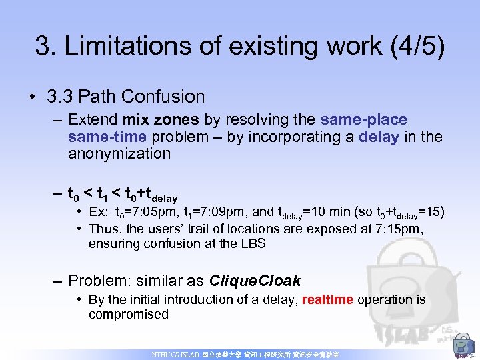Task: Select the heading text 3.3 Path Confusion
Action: (x=126, y=97)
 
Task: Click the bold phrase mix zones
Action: (x=160, y=120)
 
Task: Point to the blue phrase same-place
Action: (x=363, y=120)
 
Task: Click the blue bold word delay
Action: (x=378, y=137)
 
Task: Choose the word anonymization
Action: (x=119, y=154)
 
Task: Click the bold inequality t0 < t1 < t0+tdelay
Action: (x=123, y=195)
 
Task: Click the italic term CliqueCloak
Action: (x=255, y=281)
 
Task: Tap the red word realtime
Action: (x=327, y=299)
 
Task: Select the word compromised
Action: (x=129, y=315)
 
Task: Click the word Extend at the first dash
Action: (x=93, y=120)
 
